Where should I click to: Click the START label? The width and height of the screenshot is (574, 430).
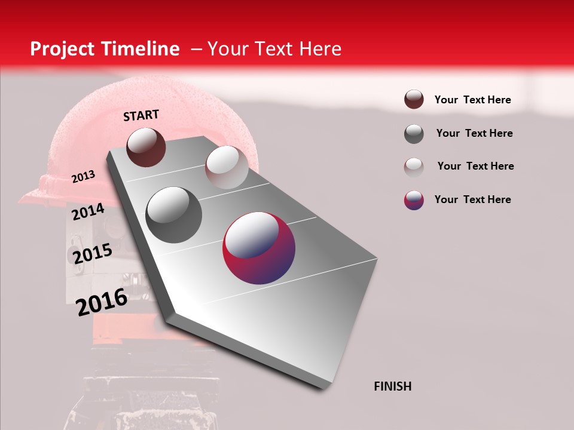point(141,115)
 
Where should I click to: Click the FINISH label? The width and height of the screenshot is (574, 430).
point(392,386)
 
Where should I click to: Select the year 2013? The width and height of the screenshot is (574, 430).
point(83,176)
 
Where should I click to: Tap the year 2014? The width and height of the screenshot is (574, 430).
point(88,211)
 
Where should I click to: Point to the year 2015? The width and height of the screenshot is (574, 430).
point(92,254)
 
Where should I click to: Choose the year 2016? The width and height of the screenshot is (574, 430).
point(102,302)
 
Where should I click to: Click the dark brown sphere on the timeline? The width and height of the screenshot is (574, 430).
point(146,147)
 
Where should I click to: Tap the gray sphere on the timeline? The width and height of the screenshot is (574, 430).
point(173,214)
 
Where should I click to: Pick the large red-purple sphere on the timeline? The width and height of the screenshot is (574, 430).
point(259,248)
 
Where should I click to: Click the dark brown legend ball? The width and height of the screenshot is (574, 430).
point(414,99)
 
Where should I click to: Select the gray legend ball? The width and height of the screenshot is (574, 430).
point(414,134)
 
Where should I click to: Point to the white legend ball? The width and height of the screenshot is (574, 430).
point(414,167)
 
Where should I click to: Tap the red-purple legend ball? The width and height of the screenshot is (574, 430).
point(414,199)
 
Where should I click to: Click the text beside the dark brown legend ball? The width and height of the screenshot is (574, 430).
point(472,100)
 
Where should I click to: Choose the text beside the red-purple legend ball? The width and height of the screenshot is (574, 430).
point(472,199)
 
